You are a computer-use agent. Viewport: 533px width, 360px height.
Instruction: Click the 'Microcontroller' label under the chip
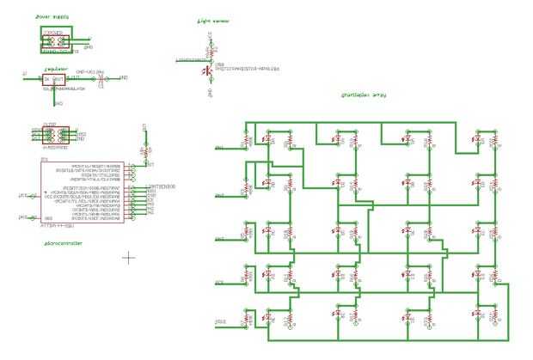pyautogui.click(x=63, y=243)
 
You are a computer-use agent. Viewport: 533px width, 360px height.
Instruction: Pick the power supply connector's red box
pyautogui.click(x=55, y=40)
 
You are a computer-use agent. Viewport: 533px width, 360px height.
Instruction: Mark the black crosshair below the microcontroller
pyautogui.click(x=129, y=256)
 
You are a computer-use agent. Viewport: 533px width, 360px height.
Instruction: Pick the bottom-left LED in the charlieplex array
pyautogui.click(x=246, y=314)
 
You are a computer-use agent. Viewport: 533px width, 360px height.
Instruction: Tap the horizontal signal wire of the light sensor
pyautogui.click(x=193, y=60)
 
